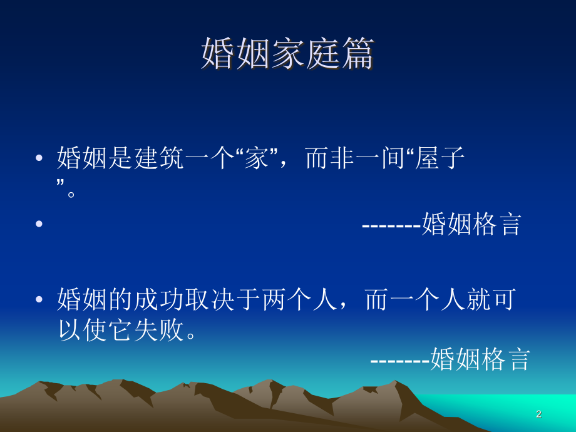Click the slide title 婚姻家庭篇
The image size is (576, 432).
pos(287,53)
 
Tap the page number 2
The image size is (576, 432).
pos(538,414)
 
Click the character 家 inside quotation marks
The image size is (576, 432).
pos(256,159)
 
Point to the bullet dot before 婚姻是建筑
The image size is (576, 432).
pos(39,159)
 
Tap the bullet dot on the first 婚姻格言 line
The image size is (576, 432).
pos(39,224)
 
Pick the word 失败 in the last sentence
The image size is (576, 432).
pos(159,330)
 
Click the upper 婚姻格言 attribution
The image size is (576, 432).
pos(471,224)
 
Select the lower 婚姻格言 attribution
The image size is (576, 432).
pos(480,360)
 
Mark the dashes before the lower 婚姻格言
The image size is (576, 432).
pos(400,360)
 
